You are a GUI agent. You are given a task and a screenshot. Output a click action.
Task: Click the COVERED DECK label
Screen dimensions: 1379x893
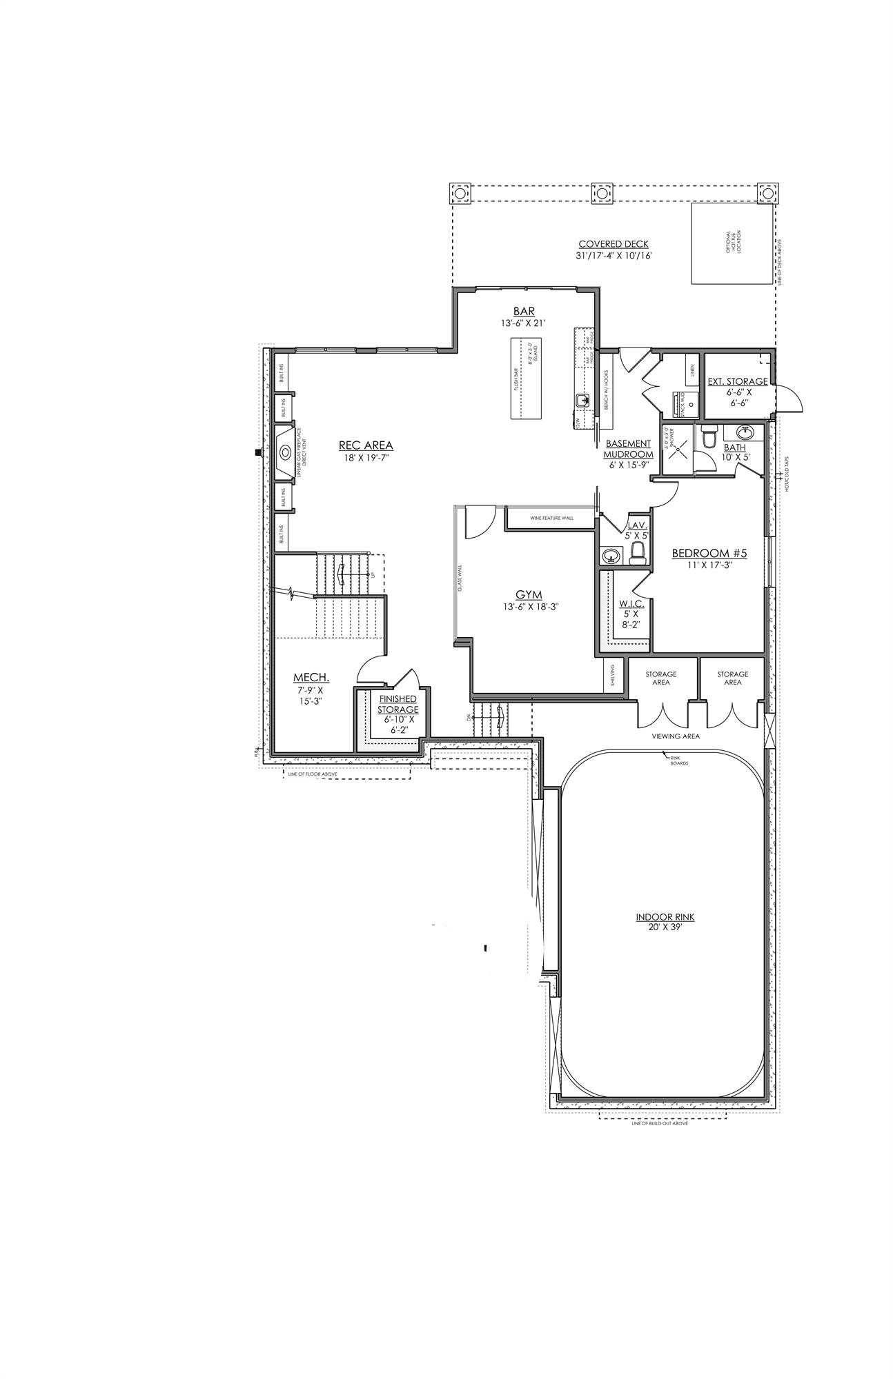pyautogui.click(x=614, y=244)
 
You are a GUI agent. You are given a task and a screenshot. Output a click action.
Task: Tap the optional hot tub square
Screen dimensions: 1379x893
pyautogui.click(x=731, y=243)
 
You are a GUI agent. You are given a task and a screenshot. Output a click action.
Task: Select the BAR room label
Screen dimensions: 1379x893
pyautogui.click(x=524, y=312)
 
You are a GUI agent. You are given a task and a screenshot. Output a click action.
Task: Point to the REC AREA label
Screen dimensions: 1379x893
pyautogui.click(x=366, y=445)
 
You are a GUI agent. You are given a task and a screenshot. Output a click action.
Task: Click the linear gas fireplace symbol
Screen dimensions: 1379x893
pyautogui.click(x=285, y=452)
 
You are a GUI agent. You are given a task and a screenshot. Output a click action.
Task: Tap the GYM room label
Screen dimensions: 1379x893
pyautogui.click(x=530, y=594)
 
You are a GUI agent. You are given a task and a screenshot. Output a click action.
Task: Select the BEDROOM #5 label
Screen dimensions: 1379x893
pyautogui.click(x=709, y=553)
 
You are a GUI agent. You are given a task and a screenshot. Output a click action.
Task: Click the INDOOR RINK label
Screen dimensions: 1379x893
pyautogui.click(x=665, y=917)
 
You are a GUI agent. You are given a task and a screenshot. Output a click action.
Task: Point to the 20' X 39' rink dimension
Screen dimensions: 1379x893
pyautogui.click(x=665, y=927)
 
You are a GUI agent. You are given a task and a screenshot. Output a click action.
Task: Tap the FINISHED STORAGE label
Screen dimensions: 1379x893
pyautogui.click(x=398, y=704)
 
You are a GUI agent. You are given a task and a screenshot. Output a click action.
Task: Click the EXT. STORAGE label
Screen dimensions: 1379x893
pyautogui.click(x=738, y=381)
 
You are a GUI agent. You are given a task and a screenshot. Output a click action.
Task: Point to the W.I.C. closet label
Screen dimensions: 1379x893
pyautogui.click(x=631, y=603)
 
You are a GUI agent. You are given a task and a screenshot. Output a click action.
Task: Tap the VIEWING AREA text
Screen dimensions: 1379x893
pyautogui.click(x=676, y=736)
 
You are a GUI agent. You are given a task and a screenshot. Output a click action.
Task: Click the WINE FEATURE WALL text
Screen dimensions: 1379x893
pyautogui.click(x=551, y=518)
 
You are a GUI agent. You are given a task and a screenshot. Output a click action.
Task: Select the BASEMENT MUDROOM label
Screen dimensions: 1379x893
pyautogui.click(x=628, y=449)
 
